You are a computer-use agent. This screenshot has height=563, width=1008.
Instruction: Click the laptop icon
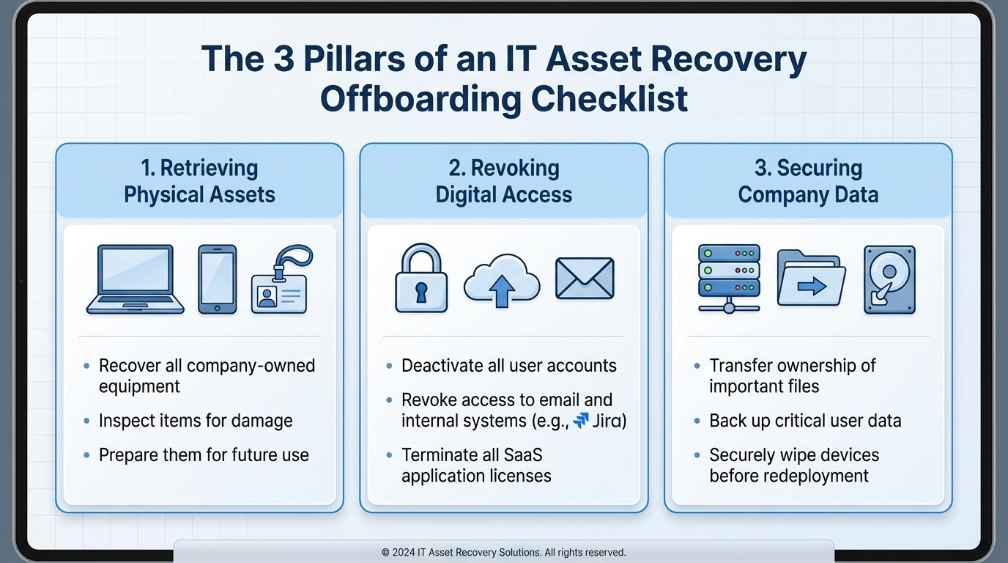pos(136,279)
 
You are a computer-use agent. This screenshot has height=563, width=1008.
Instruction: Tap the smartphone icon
pos(218,279)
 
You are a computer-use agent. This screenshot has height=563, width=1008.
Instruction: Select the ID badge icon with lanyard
pos(281,281)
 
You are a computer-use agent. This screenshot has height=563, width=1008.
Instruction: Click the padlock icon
pos(421,279)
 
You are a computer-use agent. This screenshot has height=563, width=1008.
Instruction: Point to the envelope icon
pos(584,279)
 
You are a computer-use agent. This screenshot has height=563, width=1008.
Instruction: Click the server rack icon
pos(728,279)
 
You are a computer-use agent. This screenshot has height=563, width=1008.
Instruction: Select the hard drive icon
pos(889,279)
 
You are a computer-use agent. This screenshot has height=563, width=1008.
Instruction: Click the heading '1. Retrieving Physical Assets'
pos(199,181)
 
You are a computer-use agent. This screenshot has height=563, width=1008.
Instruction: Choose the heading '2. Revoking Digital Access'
pos(504,181)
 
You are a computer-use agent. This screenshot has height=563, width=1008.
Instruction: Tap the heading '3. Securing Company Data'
pos(808,181)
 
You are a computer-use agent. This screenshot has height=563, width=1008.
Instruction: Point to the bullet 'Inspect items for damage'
pos(196,421)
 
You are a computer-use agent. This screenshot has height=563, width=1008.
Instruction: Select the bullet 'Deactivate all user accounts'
pos(509,366)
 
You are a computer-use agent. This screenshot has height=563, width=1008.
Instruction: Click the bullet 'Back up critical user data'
pos(805,421)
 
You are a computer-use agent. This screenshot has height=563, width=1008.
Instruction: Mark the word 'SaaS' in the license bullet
pos(522,455)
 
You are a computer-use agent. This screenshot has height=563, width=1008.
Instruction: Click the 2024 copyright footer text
pos(504,552)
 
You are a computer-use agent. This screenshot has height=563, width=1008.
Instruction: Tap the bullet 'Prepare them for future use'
pos(204,455)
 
